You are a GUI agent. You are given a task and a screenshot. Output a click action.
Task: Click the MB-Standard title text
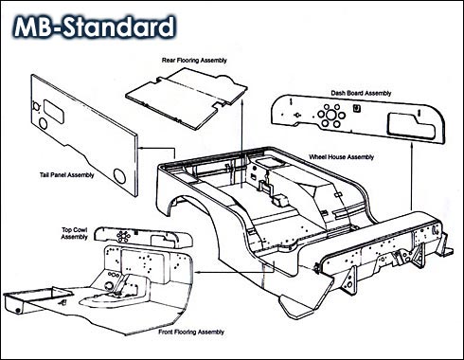coord(94,27)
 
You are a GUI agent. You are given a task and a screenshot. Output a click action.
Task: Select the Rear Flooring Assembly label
coord(194,60)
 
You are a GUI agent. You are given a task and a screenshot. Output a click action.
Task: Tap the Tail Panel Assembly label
coord(67,174)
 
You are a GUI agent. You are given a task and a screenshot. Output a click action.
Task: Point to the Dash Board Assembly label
coord(361,93)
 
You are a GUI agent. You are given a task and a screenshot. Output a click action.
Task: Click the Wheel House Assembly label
coord(342,157)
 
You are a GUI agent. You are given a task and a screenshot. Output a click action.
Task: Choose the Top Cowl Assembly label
coord(75,233)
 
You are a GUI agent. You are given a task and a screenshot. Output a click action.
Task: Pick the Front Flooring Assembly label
coord(191,332)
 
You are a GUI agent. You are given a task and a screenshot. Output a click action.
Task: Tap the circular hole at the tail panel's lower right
coord(119,176)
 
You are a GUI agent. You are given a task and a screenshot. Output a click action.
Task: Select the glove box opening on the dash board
coord(411,126)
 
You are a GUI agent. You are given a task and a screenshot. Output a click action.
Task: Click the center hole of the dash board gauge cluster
coord(330,115)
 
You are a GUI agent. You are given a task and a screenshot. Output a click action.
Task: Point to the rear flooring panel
coord(187,97)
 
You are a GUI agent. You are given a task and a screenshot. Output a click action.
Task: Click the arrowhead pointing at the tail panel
coord(142,148)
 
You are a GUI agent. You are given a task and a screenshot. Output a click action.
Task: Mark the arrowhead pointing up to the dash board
coord(412,146)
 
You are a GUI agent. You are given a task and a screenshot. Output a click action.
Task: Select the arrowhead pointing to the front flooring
coord(198,272)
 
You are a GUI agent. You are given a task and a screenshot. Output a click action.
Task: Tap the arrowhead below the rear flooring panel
coord(241,102)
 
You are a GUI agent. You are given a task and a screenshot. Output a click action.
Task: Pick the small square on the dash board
coord(356,108)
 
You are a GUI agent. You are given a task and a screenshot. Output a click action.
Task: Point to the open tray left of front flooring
coord(35,300)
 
